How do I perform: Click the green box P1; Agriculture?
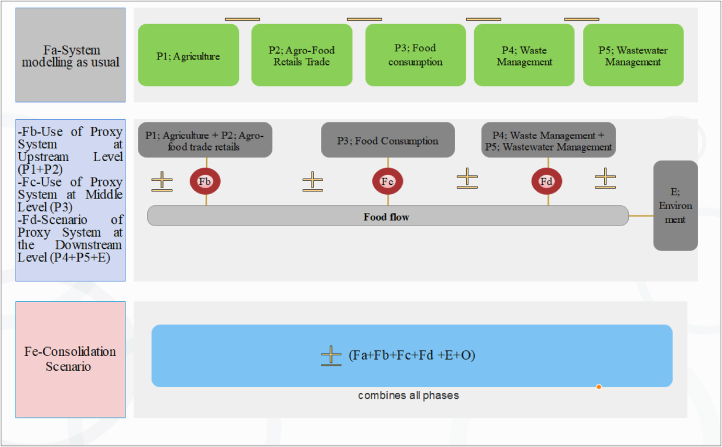pyautogui.click(x=188, y=57)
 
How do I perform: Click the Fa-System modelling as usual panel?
pyautogui.click(x=71, y=54)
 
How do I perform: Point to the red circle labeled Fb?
pyautogui.click(x=205, y=182)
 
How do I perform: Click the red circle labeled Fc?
pyautogui.click(x=388, y=182)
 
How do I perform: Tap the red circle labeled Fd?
pyautogui.click(x=546, y=182)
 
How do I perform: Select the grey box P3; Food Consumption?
pyautogui.click(x=388, y=141)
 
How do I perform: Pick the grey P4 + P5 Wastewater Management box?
pyautogui.click(x=547, y=141)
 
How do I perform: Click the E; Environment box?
pyautogui.click(x=675, y=205)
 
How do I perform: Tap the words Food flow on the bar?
pyautogui.click(x=388, y=215)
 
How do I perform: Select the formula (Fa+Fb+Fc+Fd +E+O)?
pyautogui.click(x=411, y=355)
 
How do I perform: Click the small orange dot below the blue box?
pyautogui.click(x=599, y=386)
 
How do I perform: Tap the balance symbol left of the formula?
pyautogui.click(x=332, y=356)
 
